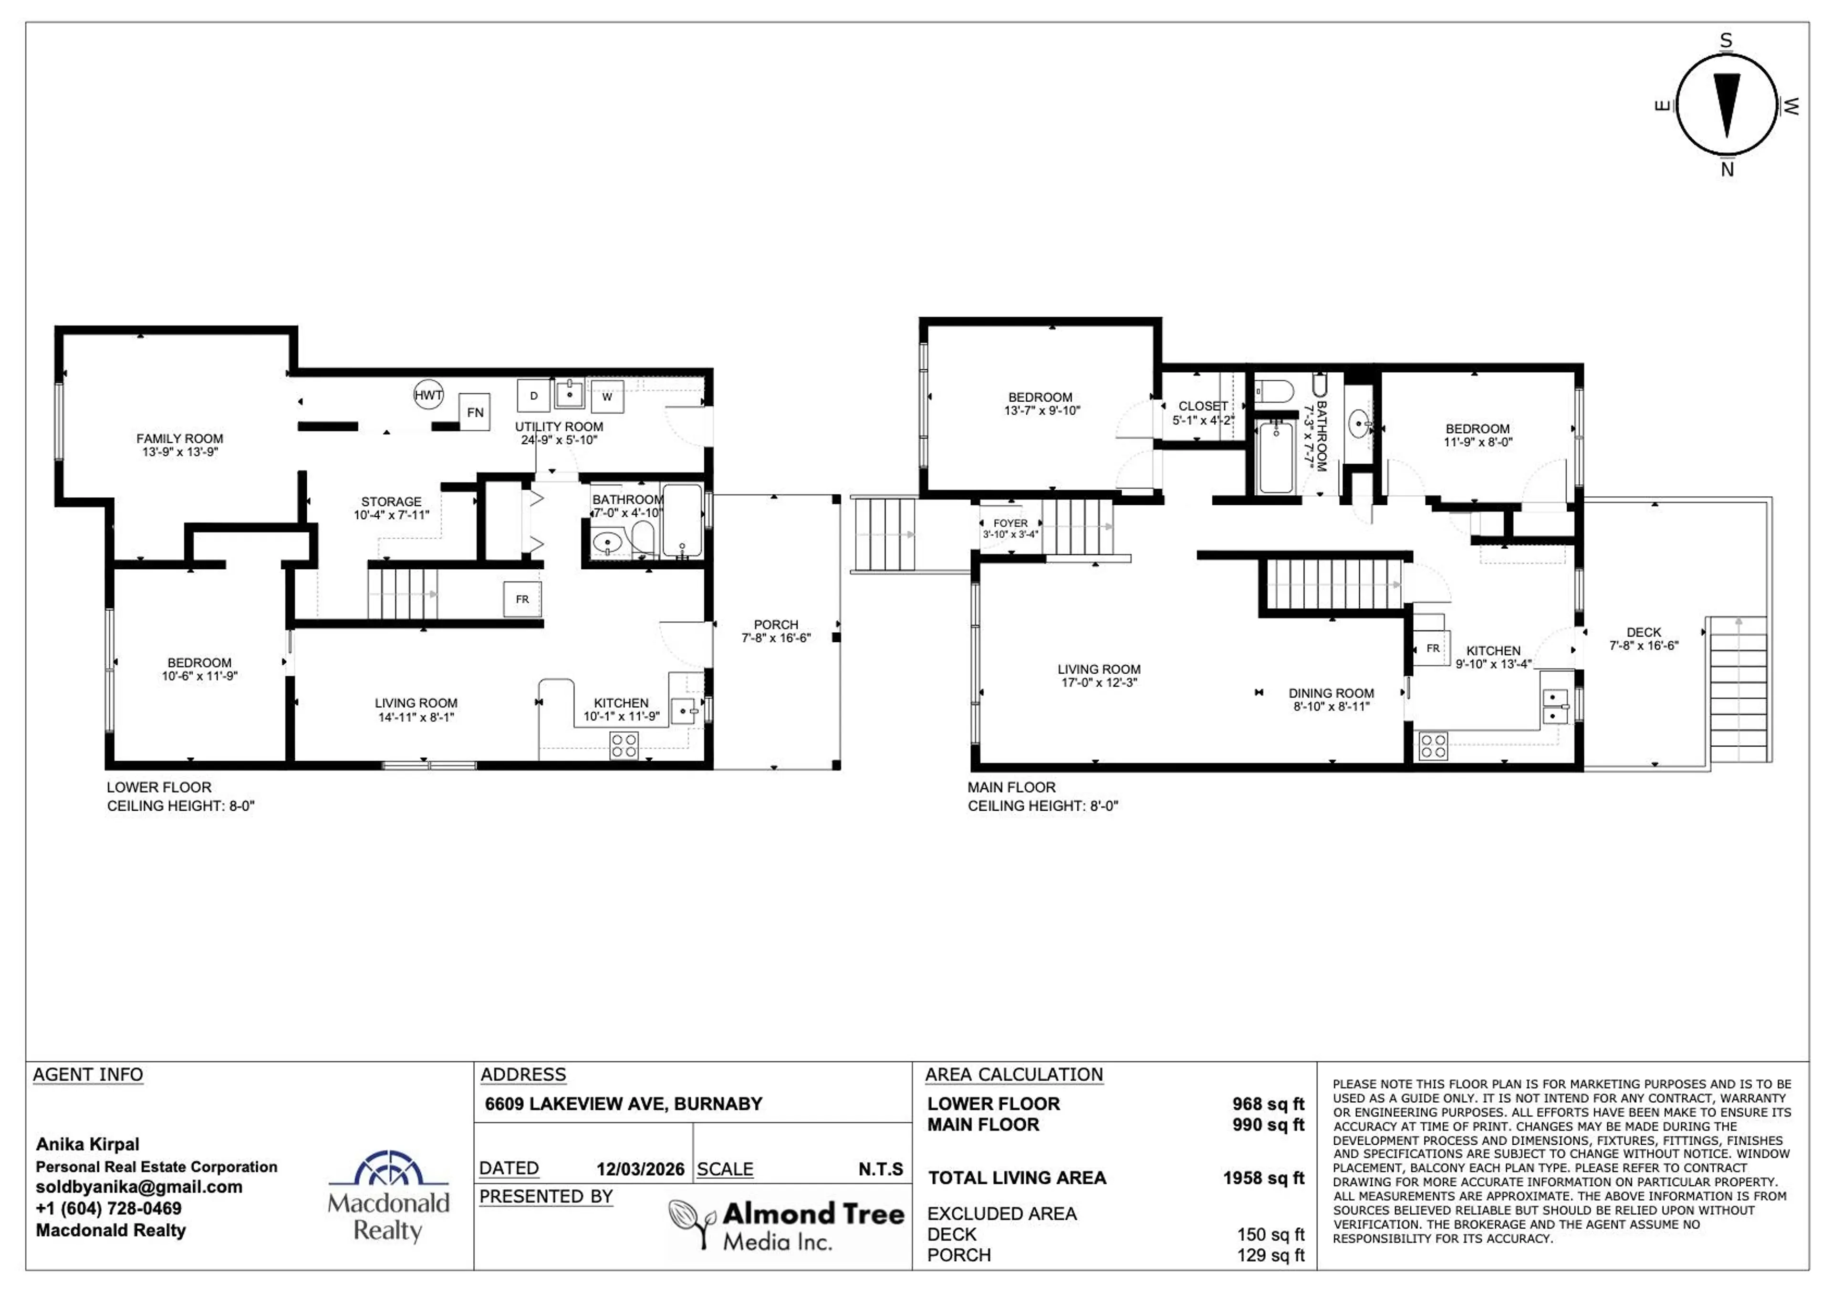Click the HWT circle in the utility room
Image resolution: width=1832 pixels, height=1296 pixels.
(x=427, y=395)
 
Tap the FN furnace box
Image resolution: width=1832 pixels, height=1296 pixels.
(x=475, y=413)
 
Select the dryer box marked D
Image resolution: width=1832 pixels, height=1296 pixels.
(x=533, y=396)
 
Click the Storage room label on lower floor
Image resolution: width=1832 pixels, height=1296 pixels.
(x=391, y=508)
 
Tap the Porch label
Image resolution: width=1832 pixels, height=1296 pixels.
(x=776, y=630)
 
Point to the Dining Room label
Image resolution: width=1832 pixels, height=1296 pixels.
(x=1331, y=699)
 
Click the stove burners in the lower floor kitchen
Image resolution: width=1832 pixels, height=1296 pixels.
(x=623, y=746)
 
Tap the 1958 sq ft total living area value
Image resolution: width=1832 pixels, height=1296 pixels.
(x=1263, y=1178)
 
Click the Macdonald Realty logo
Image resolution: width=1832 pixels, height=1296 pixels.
(x=388, y=1195)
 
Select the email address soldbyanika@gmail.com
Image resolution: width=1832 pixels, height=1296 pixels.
(x=139, y=1187)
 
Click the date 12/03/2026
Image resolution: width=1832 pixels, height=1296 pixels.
(x=640, y=1169)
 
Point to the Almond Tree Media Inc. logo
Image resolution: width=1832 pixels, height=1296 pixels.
(x=786, y=1225)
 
